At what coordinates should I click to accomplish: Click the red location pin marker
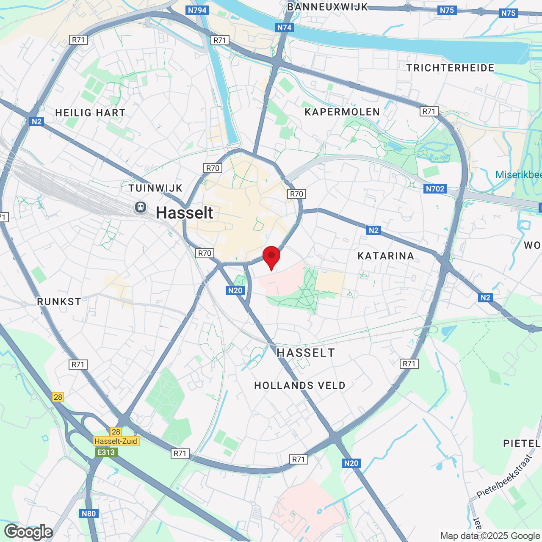[271, 257]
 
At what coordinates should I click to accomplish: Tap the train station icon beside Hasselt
[141, 207]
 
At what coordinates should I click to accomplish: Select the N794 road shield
[197, 10]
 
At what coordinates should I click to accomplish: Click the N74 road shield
[284, 28]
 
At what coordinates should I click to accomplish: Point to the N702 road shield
[435, 189]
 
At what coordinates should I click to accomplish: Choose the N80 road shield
[88, 514]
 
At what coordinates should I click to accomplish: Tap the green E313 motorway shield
[106, 452]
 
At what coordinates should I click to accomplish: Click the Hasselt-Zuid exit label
[116, 441]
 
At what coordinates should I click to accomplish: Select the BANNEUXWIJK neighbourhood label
[327, 7]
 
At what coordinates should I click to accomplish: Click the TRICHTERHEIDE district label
[450, 68]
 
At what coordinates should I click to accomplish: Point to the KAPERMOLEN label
[342, 112]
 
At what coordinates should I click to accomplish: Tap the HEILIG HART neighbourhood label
[90, 113]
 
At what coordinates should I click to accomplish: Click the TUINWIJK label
[155, 188]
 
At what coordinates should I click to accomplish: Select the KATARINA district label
[385, 256]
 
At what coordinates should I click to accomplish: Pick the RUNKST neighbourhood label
[59, 301]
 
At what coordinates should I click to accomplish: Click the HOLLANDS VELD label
[300, 385]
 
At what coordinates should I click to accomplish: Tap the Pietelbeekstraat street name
[504, 476]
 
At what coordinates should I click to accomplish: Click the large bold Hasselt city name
[185, 213]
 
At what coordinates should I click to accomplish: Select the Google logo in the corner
[29, 532]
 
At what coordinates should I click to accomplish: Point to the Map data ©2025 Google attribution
[490, 536]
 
